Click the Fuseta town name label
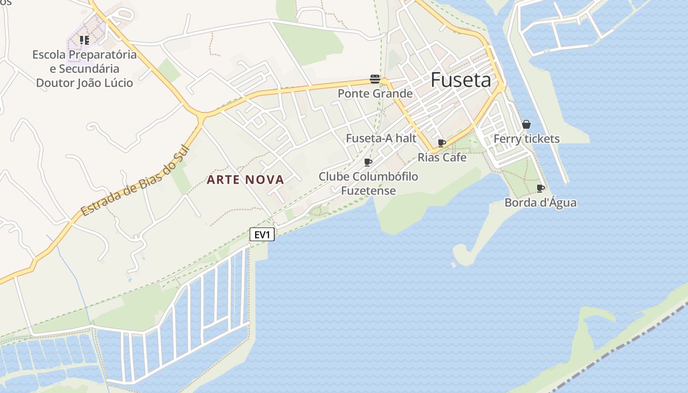click(x=460, y=80)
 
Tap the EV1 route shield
click(x=262, y=235)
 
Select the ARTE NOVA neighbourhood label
click(x=245, y=180)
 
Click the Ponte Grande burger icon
click(x=375, y=80)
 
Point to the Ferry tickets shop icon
click(x=526, y=124)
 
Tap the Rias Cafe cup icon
click(x=442, y=143)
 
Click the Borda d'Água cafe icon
click(x=541, y=188)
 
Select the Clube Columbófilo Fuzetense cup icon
click(x=368, y=162)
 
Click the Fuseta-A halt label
click(x=381, y=138)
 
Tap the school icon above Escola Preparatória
click(x=84, y=40)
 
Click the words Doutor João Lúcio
click(x=85, y=83)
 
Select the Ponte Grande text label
click(x=375, y=93)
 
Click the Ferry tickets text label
click(x=526, y=139)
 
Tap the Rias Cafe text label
click(x=442, y=157)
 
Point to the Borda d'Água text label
click(x=541, y=202)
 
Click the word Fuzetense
click(x=368, y=191)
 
